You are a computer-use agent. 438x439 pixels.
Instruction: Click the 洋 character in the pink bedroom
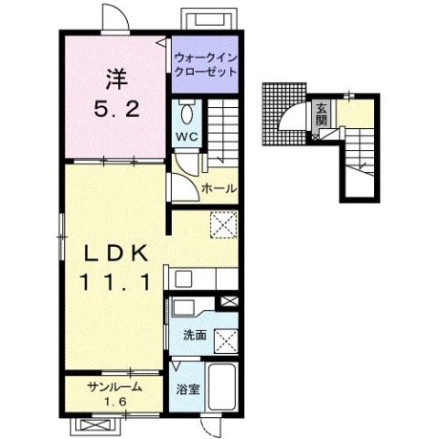pyautogui.click(x=116, y=80)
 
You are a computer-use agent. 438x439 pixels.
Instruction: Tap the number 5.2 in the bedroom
pyautogui.click(x=116, y=110)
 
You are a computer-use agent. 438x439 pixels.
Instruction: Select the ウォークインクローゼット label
pyautogui.click(x=206, y=65)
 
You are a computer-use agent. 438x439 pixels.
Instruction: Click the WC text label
pyautogui.click(x=187, y=136)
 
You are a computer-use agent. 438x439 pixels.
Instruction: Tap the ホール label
pyautogui.click(x=219, y=188)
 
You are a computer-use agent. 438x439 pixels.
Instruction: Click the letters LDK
pyautogui.click(x=116, y=253)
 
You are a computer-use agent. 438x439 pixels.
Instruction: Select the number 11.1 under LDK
pyautogui.click(x=115, y=282)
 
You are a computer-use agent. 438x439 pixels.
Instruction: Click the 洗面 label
pyautogui.click(x=195, y=336)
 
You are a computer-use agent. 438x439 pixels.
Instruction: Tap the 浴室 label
pyautogui.click(x=187, y=389)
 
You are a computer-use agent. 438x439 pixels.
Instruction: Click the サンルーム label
pyautogui.click(x=114, y=387)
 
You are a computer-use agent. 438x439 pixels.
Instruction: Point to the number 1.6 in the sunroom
pyautogui.click(x=115, y=402)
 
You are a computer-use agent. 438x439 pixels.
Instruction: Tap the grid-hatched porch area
pyautogui.click(x=283, y=113)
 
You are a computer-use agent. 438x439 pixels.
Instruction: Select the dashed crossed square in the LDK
pyautogui.click(x=224, y=224)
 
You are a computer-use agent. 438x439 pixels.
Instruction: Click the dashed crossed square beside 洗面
pyautogui.click(x=226, y=341)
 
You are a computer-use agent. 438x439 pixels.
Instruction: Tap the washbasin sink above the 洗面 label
pyautogui.click(x=184, y=308)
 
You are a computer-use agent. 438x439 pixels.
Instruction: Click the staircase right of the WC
pyautogui.click(x=223, y=133)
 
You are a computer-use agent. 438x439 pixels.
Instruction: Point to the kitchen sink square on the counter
pyautogui.click(x=184, y=279)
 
